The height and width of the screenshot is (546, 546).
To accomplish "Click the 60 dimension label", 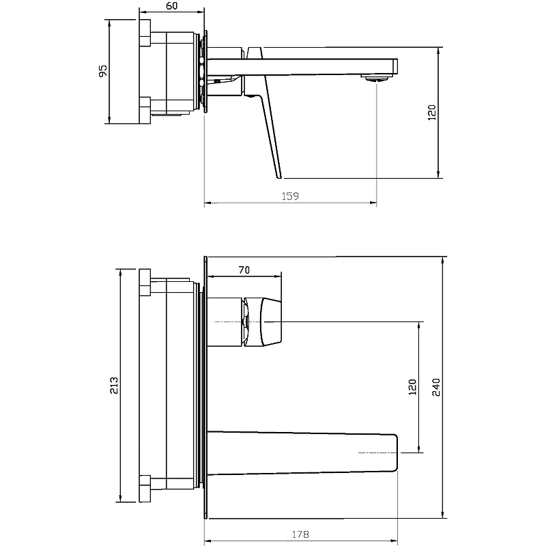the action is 172,6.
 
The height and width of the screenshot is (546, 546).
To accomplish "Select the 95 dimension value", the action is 103,71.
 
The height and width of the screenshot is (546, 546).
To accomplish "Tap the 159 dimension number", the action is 290,197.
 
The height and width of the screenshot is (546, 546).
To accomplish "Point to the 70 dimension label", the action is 244,270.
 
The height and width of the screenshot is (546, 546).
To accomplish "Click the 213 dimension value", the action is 114,385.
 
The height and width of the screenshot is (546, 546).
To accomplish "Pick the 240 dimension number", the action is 436,387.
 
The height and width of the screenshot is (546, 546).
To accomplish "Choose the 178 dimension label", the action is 300,534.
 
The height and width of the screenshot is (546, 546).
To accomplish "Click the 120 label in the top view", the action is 431,113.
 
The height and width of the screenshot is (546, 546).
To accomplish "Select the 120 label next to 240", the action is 412,387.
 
